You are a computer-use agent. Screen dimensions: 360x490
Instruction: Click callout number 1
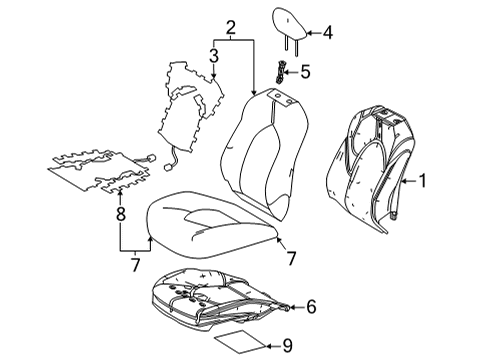pos(423,181)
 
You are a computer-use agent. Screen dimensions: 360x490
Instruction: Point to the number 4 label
pos(326,33)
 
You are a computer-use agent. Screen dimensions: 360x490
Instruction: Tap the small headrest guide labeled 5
pos(284,73)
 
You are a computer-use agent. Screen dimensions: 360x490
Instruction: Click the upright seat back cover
pos(265,150)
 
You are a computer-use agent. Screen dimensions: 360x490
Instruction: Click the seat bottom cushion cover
pos(210,225)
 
